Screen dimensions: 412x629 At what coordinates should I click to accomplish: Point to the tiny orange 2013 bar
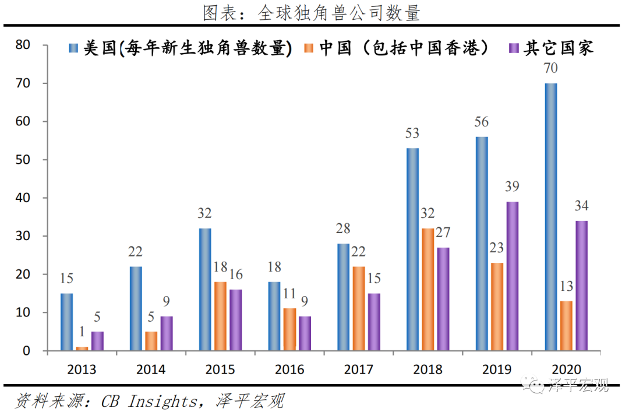pyautogui.click(x=82, y=348)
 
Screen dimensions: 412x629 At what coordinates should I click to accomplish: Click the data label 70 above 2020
pyautogui.click(x=550, y=69)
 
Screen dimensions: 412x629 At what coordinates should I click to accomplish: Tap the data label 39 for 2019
pyautogui.click(x=512, y=187)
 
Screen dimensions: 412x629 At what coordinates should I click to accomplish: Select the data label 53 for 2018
pyautogui.click(x=412, y=133)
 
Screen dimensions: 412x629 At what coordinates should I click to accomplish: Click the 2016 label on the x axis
pyautogui.click(x=289, y=369)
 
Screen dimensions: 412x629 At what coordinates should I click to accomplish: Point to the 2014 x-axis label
pyautogui.click(x=151, y=369)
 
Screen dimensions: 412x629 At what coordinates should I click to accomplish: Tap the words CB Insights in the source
pyautogui.click(x=149, y=401)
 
